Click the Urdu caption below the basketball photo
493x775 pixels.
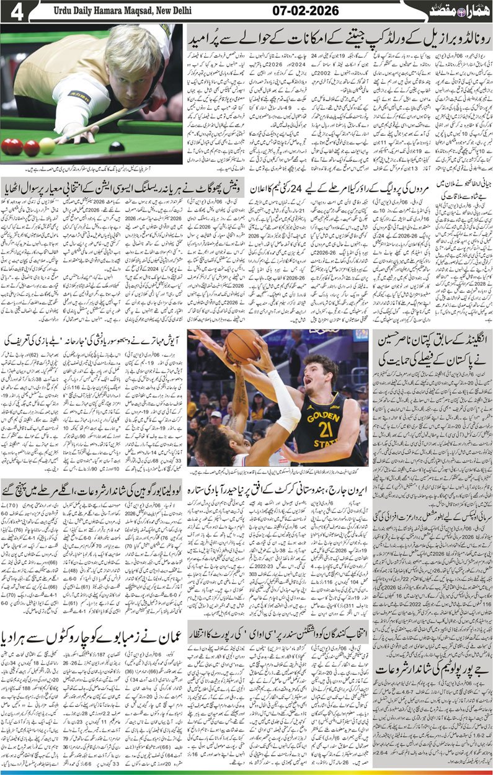[x=280, y=471]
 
